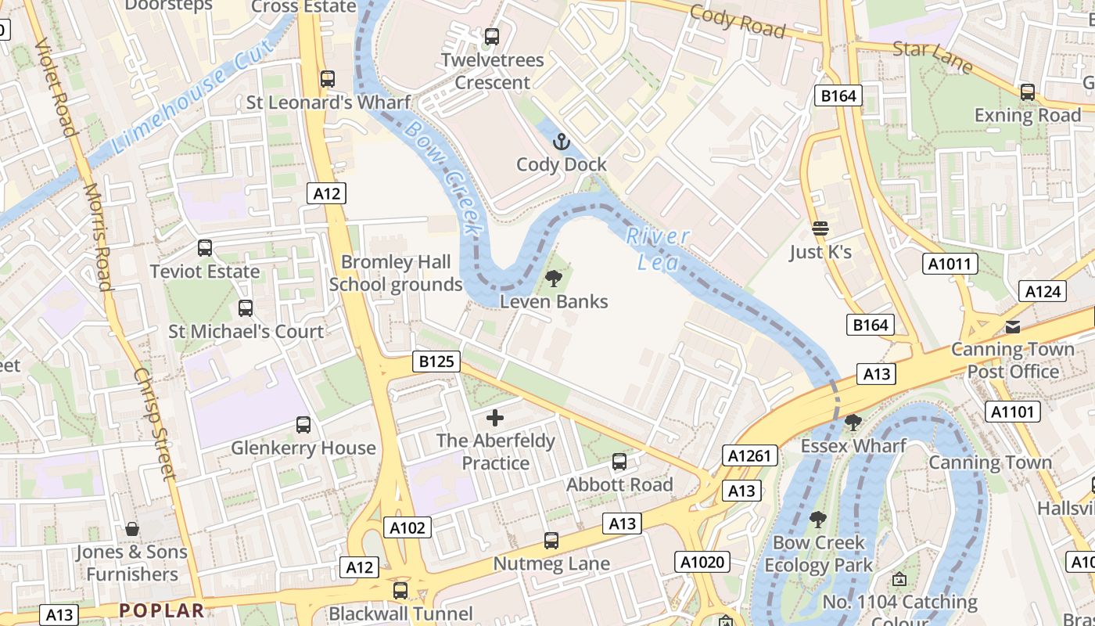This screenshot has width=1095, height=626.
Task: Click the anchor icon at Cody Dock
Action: pos(561,142)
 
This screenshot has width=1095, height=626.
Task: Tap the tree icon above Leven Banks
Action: pos(554,279)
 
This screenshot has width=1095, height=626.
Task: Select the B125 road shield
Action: pos(436,362)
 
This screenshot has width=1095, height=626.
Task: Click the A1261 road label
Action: pos(750,455)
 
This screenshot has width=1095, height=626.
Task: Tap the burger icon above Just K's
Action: pos(820,228)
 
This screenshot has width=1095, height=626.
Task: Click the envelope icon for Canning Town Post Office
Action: pos(1013,326)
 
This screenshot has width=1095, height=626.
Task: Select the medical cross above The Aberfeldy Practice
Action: pos(495,418)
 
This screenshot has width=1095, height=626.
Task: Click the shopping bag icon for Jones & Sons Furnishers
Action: pos(132,529)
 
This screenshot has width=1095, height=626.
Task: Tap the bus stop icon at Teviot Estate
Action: pos(205,248)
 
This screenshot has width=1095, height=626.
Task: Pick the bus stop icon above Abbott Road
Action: pos(619,462)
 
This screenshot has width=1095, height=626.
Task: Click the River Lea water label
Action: pos(658,249)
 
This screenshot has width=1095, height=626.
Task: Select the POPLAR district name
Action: pos(162,610)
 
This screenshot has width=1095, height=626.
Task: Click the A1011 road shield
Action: pos(950,264)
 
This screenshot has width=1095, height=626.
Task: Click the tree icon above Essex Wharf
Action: pos(853,423)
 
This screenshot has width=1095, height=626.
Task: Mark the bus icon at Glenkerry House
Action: pos(303,425)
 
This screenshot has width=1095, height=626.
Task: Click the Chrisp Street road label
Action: pos(153,423)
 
